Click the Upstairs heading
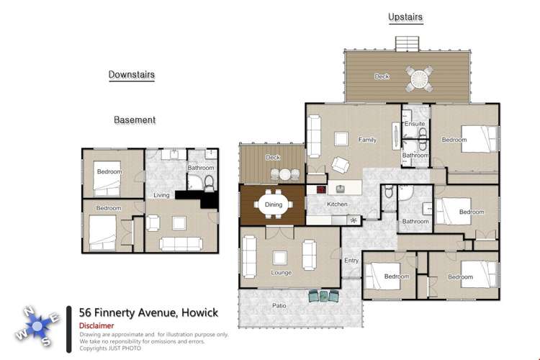pyautogui.click(x=405, y=17)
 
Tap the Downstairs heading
pyautogui.click(x=131, y=74)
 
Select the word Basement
pyautogui.click(x=135, y=120)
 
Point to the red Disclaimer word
pyautogui.click(x=96, y=325)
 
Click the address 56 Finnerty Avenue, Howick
pyautogui.click(x=148, y=312)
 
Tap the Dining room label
pyautogui.click(x=274, y=204)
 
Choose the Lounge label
pyautogui.click(x=282, y=273)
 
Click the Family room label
pyautogui.click(x=368, y=139)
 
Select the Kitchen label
pyautogui.click(x=337, y=204)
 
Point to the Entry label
pyautogui.click(x=351, y=261)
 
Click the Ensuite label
pyautogui.click(x=415, y=124)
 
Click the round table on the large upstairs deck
pyautogui.click(x=418, y=76)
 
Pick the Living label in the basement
pyautogui.click(x=161, y=195)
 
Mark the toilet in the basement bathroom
pyautogui.click(x=209, y=181)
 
